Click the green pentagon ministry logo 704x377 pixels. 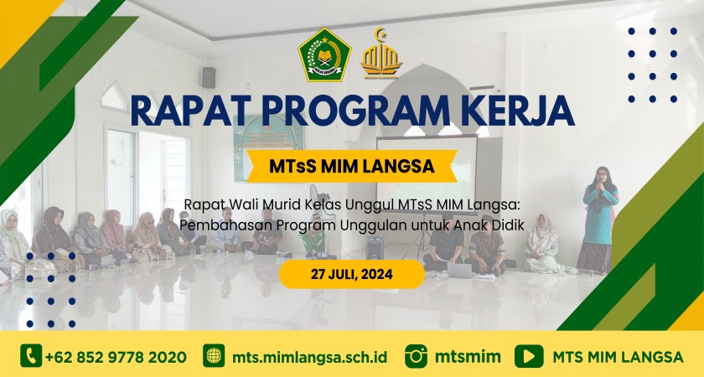[x=324, y=54]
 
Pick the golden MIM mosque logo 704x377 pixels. [x=381, y=54]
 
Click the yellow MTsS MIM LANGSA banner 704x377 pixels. [x=352, y=166]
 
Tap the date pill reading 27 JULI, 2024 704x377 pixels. [x=352, y=274]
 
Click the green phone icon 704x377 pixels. [x=31, y=356]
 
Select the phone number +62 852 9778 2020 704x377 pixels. [x=116, y=357]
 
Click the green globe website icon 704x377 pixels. [x=214, y=356]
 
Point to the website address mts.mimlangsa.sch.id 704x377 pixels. [x=310, y=357]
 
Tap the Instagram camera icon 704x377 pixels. [x=416, y=356]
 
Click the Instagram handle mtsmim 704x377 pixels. [x=468, y=357]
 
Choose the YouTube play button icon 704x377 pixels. [x=529, y=356]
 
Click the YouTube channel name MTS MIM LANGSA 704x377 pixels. [x=618, y=357]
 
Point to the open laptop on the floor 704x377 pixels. [x=459, y=270]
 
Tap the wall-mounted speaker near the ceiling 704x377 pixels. [x=209, y=77]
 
